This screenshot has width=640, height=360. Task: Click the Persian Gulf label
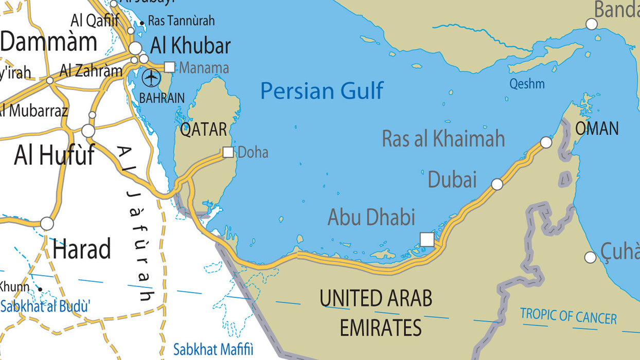click(x=322, y=91)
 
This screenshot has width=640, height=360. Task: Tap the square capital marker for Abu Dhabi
click(x=426, y=240)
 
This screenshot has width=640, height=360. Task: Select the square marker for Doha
click(x=228, y=152)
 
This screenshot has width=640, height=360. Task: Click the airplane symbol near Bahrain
click(x=151, y=78)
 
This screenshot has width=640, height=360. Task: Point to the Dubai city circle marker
click(x=497, y=184)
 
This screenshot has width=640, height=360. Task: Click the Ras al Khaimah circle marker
click(x=546, y=142)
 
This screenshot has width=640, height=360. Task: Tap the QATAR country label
click(x=203, y=130)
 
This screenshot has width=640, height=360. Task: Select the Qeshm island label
click(x=527, y=84)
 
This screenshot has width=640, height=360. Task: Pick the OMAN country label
click(x=597, y=129)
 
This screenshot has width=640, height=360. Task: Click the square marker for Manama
click(x=169, y=67)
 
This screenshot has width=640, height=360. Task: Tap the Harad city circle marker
click(x=47, y=224)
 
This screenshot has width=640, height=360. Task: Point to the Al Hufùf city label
click(x=55, y=155)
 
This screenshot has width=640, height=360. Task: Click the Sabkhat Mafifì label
click(x=214, y=350)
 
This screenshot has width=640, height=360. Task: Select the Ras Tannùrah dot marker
click(x=142, y=23)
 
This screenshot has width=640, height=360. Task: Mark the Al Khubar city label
click(x=190, y=46)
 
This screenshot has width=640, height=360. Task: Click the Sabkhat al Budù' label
click(x=45, y=307)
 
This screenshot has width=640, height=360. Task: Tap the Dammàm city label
click(x=48, y=42)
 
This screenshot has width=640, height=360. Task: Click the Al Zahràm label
click(x=91, y=70)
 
